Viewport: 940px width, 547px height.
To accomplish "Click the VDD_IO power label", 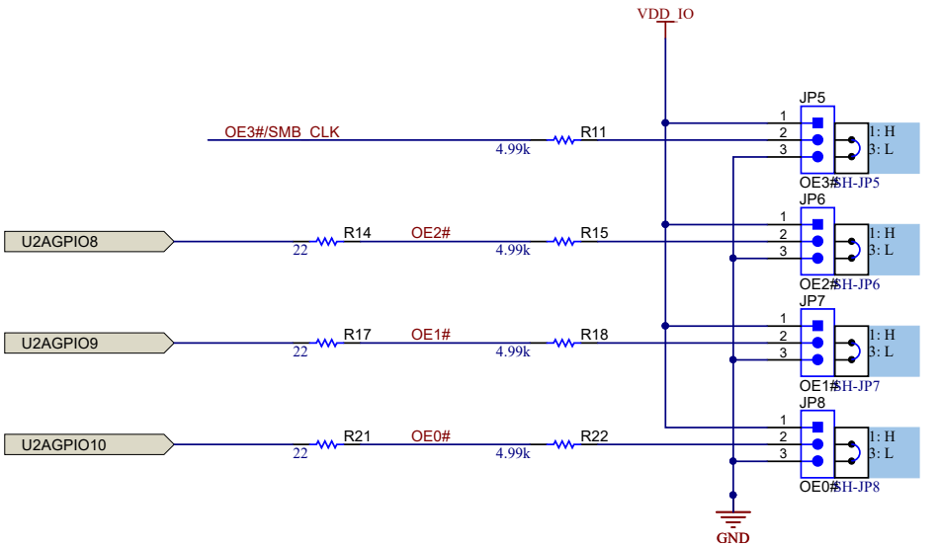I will pos(664,14).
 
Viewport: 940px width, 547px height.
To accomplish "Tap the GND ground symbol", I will pos(732,518).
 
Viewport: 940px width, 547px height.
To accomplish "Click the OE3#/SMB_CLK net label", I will pos(282,132).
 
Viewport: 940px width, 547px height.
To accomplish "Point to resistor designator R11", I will pos(594,131).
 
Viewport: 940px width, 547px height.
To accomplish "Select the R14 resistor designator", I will pos(357,233).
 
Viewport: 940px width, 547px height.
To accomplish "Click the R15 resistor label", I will pos(594,233).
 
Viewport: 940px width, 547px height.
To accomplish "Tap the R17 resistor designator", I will pos(357,335).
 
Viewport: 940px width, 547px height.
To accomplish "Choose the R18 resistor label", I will pos(594,335).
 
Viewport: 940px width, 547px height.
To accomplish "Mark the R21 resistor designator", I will pos(357,436).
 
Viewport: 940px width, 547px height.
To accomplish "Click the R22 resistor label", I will pos(594,436).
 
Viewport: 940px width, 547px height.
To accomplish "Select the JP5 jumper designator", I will pos(812,98).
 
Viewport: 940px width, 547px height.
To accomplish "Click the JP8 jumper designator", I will pos(812,403).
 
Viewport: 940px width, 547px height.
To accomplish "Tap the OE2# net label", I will pos(431,233).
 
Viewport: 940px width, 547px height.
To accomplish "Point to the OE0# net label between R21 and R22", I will pos(431,436).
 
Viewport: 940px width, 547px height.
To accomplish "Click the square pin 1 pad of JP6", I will pos(817,225).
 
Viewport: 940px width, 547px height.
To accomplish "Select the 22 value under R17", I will pos(300,352).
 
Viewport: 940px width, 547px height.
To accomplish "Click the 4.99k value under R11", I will pos(513,150).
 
